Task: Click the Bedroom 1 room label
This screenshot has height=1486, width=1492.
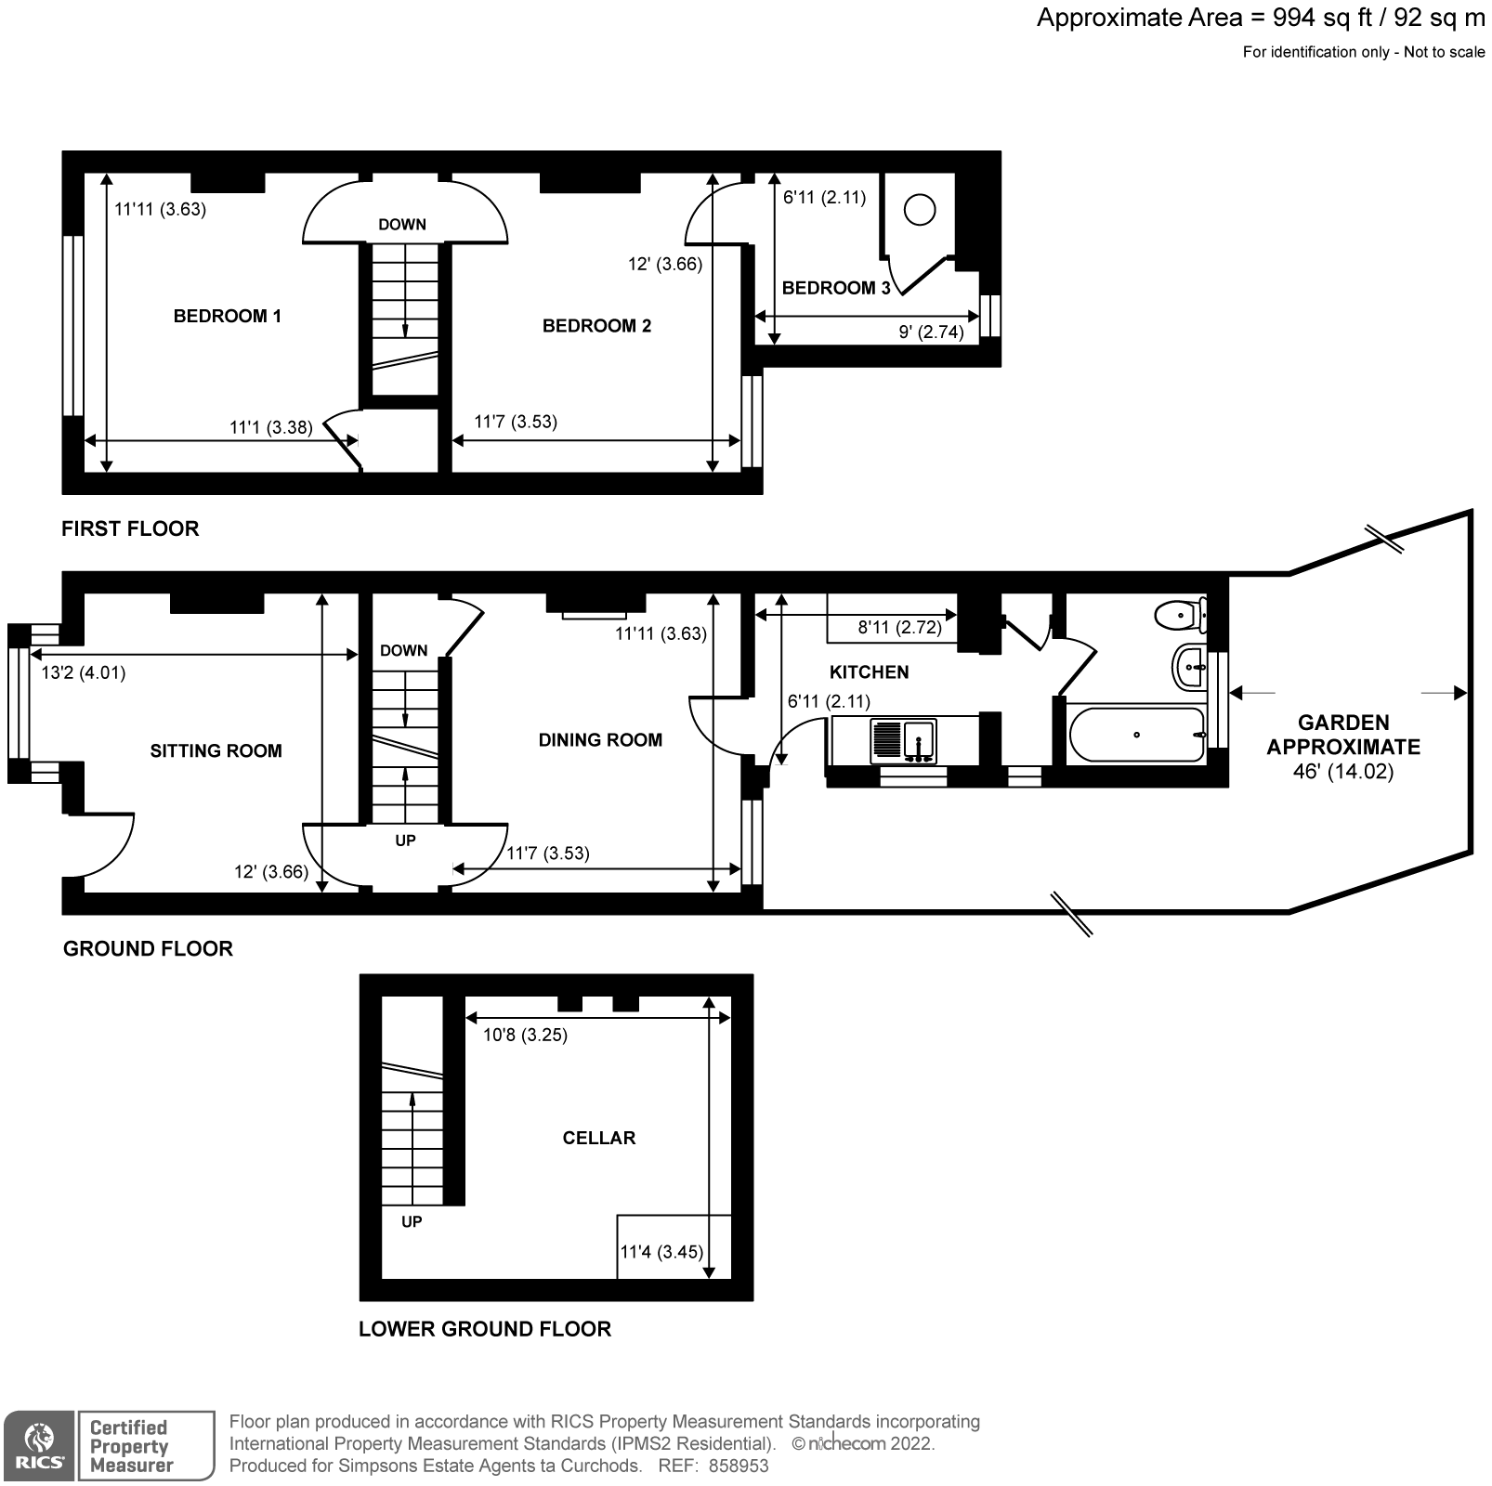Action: [227, 317]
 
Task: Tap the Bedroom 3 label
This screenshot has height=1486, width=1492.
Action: [835, 288]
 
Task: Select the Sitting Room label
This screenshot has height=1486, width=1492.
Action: [216, 751]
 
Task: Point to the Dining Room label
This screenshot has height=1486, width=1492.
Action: [600, 740]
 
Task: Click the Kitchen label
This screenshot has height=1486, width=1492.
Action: [869, 672]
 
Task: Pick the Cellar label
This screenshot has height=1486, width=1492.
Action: [598, 1139]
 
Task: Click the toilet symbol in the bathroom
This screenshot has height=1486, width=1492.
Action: [1179, 614]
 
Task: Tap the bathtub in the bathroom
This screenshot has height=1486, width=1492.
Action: [1136, 736]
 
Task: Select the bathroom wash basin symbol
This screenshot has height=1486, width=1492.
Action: [1189, 667]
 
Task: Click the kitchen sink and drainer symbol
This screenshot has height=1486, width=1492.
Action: [904, 741]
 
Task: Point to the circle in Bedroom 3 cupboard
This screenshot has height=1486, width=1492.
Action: [919, 210]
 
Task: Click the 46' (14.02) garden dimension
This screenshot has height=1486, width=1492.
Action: [1342, 772]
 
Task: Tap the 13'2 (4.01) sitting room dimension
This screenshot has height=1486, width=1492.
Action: [84, 672]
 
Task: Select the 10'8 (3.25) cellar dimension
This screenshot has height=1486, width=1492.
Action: [525, 1035]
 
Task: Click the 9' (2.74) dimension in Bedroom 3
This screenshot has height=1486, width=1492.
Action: [931, 332]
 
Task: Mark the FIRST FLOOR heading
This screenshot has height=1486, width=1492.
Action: [130, 529]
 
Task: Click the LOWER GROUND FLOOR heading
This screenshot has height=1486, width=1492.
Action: [484, 1329]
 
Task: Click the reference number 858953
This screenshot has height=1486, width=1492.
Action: [739, 1466]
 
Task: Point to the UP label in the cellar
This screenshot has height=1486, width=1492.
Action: [411, 1222]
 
